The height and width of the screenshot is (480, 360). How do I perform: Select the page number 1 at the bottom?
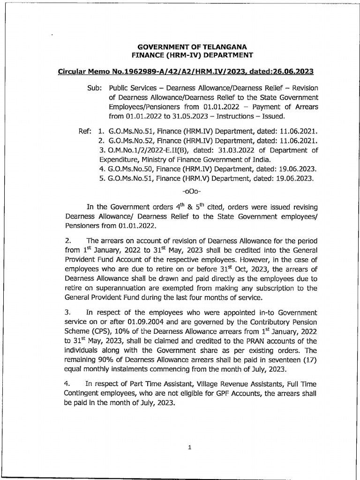click(x=189, y=447)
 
